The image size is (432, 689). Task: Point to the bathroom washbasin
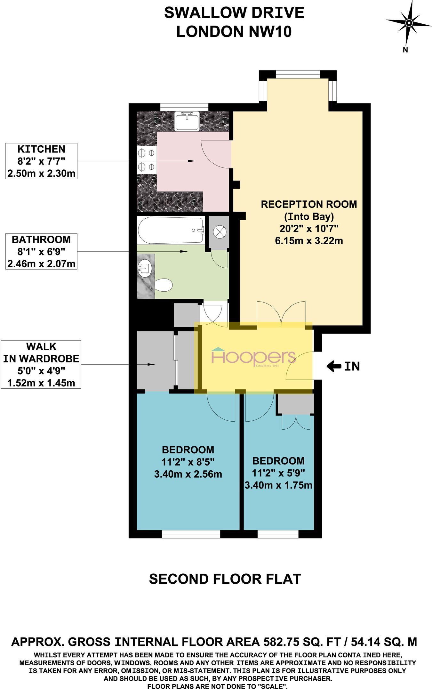pyautogui.click(x=145, y=266)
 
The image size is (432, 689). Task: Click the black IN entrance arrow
pyautogui.click(x=334, y=366)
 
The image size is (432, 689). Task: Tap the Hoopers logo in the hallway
pyautogui.click(x=253, y=357)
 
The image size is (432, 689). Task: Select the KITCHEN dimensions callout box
pyautogui.click(x=41, y=161)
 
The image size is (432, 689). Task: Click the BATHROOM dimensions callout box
pyautogui.click(x=41, y=251)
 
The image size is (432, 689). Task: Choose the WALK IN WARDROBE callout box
pyautogui.click(x=41, y=364)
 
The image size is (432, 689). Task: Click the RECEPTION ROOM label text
pyautogui.click(x=309, y=204)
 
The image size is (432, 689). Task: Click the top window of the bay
pyautogui.click(x=298, y=74)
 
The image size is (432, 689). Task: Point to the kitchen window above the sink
pyautogui.click(x=184, y=107)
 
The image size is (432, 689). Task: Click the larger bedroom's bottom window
pyautogui.click(x=191, y=534)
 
